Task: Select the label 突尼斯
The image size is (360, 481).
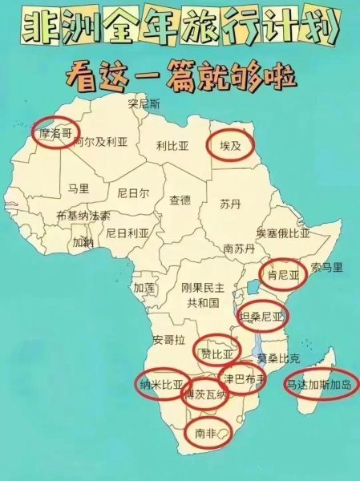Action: tap(145, 103)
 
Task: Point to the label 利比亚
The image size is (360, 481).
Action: tap(172, 146)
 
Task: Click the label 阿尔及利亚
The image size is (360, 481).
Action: tap(100, 142)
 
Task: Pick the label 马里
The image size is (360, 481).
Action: tap(79, 188)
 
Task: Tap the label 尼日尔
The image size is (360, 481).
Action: tap(133, 193)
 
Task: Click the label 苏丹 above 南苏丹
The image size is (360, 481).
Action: tap(230, 204)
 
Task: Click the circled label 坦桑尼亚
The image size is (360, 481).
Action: tap(262, 316)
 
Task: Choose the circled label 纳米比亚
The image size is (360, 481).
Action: tap(161, 385)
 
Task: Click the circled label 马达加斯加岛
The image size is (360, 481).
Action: tap(318, 385)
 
